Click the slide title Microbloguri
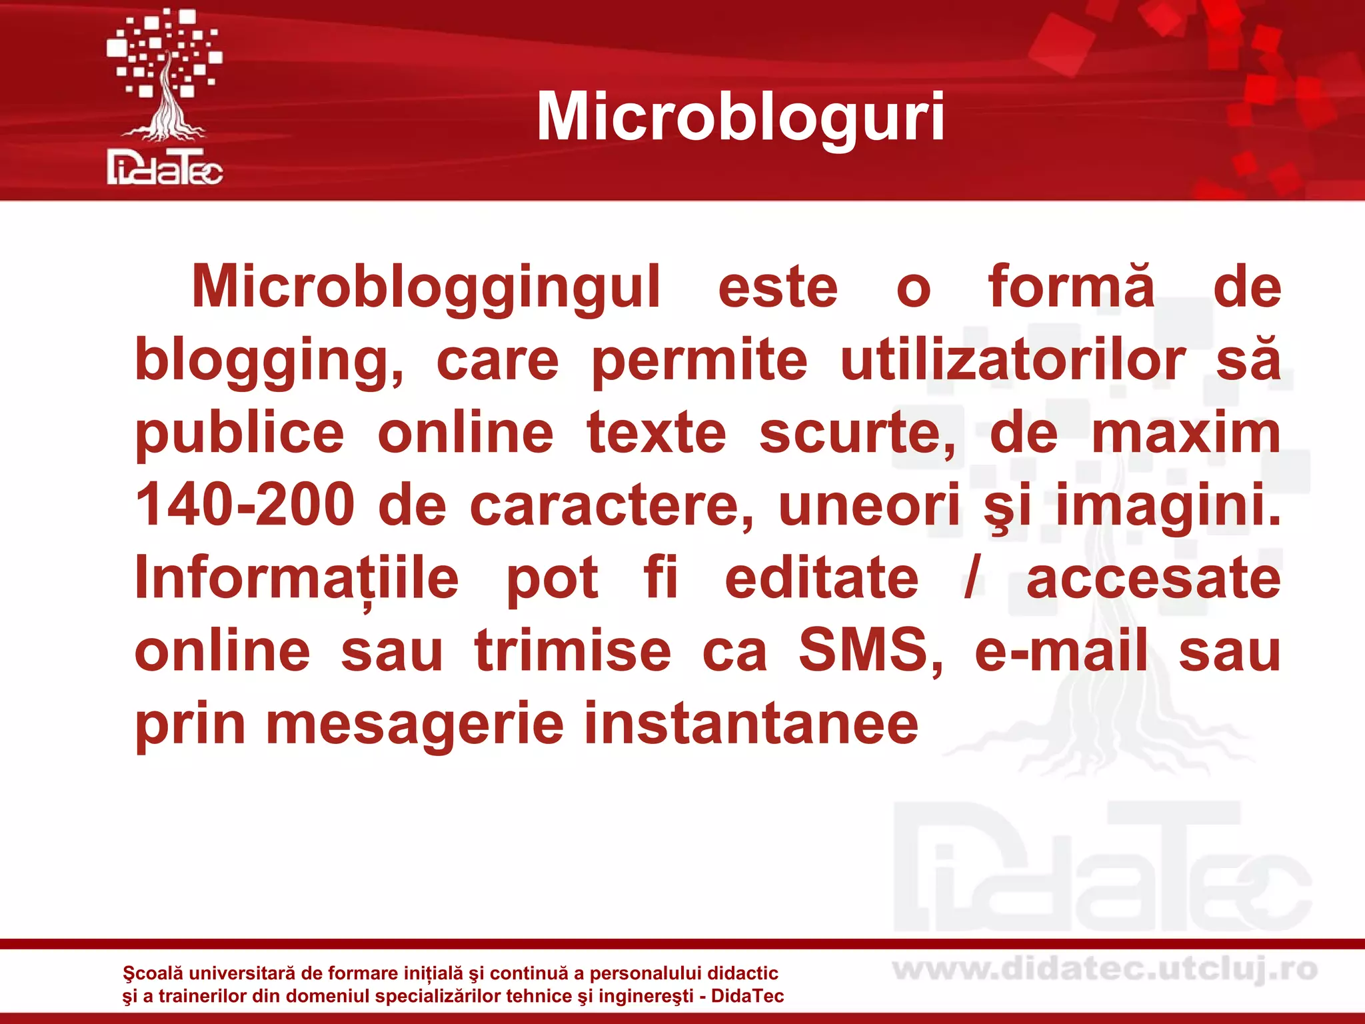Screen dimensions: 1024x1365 pos(740,117)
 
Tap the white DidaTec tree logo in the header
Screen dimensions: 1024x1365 pos(165,97)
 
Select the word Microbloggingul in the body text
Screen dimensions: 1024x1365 pos(426,287)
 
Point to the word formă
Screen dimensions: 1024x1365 pos(1071,287)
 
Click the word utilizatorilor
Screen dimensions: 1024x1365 pos(1012,361)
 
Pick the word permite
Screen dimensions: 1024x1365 pos(699,361)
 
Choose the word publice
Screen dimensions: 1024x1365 pos(240,433)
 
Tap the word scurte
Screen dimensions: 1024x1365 pos(857,433)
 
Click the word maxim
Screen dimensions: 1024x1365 pos(1186,433)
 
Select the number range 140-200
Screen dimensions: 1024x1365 pos(245,505)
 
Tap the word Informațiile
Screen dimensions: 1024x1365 pos(297,579)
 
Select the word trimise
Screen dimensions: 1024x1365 pos(573,651)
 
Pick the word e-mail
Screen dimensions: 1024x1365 pos(1061,651)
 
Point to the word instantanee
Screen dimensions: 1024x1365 pos(751,724)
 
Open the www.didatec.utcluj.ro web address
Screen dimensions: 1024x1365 pos(1105,970)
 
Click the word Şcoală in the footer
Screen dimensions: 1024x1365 pos(153,973)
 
